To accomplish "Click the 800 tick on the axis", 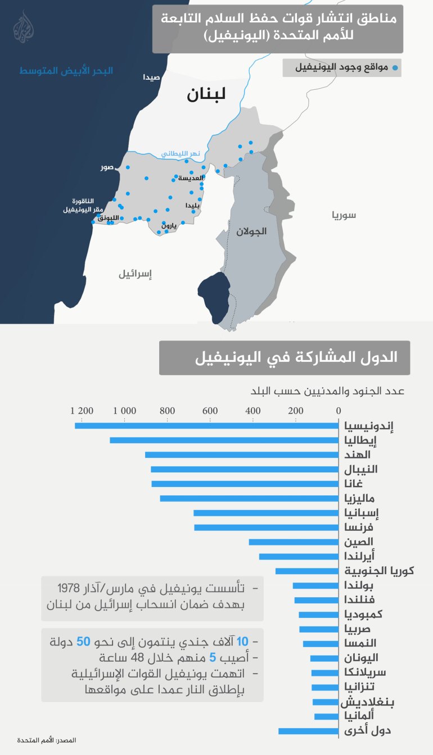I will tap(167, 411).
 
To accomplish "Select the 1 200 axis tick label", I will tap(82, 411).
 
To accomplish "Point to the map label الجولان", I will tap(251, 231).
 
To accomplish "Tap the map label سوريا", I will tap(344, 215).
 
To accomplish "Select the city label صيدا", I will tap(151, 77).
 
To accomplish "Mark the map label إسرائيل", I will tap(135, 274).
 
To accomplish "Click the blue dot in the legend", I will tap(395, 68).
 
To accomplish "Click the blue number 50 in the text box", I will tap(83, 642).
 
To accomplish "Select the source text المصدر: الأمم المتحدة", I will tap(46, 740).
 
